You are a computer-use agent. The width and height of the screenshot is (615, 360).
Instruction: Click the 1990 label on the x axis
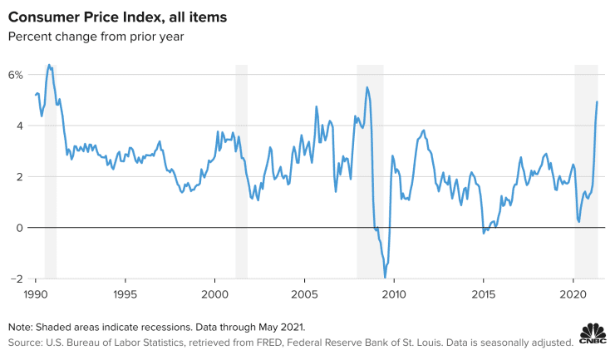36,294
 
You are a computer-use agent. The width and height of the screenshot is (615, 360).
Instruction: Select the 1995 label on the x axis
125,294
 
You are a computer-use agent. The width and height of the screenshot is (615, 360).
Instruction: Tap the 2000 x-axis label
215,294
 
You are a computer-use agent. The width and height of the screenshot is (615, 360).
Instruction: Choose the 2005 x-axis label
304,294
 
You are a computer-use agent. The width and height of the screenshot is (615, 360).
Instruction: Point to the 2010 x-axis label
394,294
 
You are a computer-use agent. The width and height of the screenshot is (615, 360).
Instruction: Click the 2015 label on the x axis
484,294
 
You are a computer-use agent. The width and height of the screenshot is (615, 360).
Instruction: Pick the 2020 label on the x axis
573,294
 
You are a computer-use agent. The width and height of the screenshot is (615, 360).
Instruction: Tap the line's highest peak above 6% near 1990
49,65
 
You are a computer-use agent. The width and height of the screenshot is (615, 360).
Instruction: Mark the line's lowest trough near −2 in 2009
385,278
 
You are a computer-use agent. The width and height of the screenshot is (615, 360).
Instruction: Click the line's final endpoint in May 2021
597,102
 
